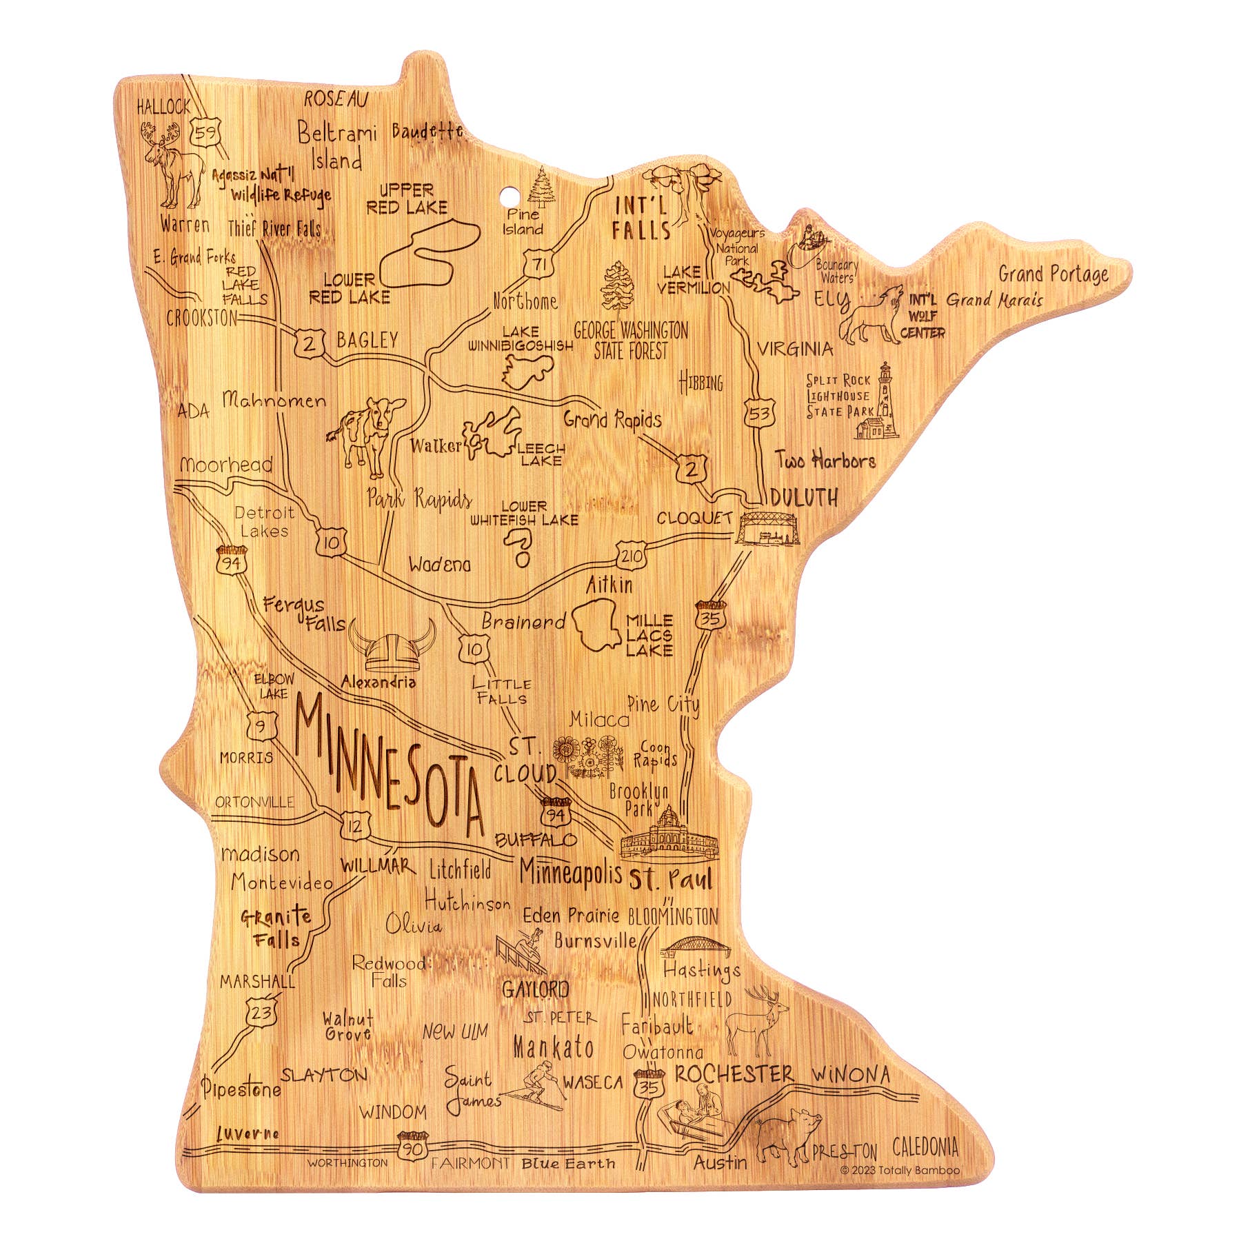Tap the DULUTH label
pyautogui.click(x=804, y=497)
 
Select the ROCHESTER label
pyautogui.click(x=734, y=1074)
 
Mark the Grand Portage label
pyautogui.click(x=1053, y=274)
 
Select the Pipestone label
pyautogui.click(x=241, y=1089)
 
